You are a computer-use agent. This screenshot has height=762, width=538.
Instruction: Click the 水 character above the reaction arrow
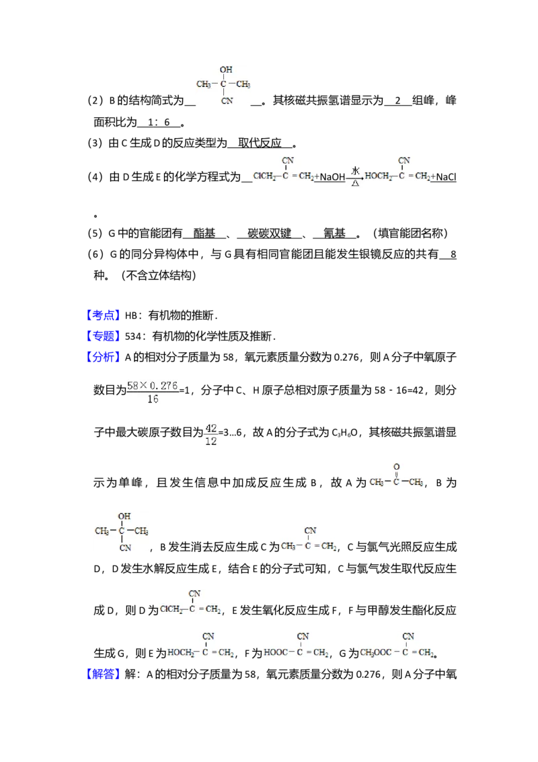[356, 171]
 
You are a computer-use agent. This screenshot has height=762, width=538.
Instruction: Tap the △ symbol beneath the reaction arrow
[355, 183]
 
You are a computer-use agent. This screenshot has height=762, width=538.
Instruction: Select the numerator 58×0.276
[153, 386]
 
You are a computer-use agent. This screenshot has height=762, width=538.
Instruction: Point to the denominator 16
[153, 400]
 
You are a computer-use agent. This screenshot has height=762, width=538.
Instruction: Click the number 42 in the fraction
[211, 429]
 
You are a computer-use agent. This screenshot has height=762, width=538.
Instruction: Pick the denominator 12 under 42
[211, 441]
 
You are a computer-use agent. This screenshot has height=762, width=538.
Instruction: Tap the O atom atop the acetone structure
[396, 466]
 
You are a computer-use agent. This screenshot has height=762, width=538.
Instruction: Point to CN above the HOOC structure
[303, 636]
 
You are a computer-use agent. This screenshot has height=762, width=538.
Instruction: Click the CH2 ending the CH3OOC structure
[425, 652]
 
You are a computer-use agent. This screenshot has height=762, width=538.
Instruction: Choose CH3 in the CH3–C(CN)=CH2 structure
[288, 546]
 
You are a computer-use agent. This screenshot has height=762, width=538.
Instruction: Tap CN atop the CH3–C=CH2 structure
[310, 531]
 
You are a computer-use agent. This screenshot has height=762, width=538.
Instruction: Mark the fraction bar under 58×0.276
[153, 392]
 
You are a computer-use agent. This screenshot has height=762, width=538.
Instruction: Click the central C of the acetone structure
[396, 482]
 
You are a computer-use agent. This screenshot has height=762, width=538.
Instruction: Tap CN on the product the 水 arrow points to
[404, 161]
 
